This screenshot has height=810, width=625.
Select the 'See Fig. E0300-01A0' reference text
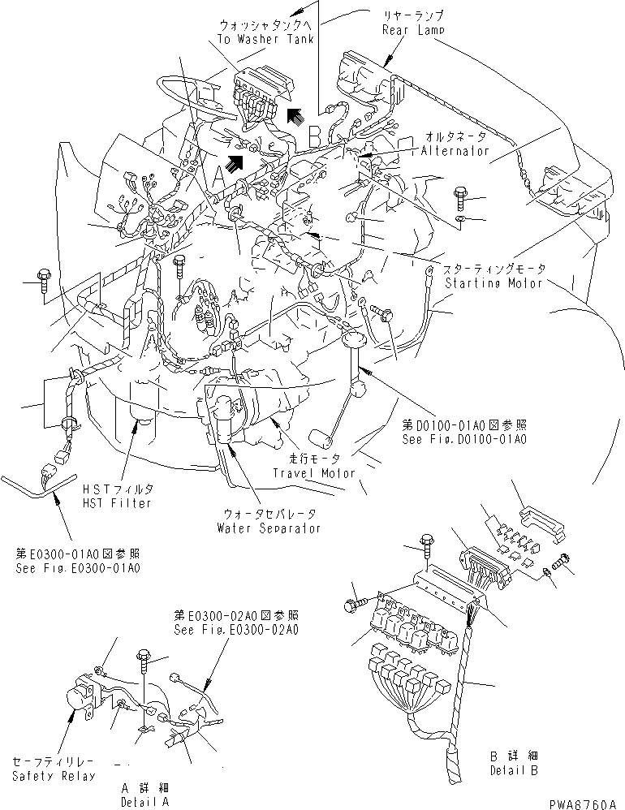pos(78,562)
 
